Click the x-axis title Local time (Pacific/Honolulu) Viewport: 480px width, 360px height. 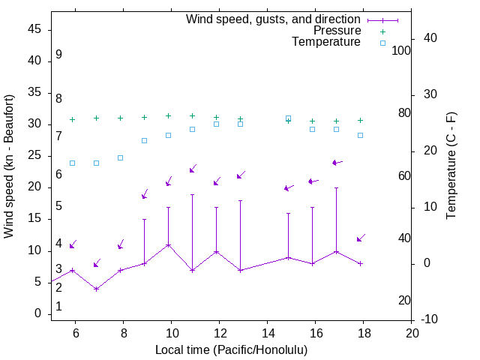(x=231, y=350)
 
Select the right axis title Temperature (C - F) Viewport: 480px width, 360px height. (x=451, y=166)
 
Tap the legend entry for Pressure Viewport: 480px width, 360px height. (x=337, y=31)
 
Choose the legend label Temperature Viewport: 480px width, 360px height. (x=326, y=42)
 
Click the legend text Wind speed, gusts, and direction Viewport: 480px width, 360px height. (x=274, y=19)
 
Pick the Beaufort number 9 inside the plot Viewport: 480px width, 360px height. (x=58, y=55)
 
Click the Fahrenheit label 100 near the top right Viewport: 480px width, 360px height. (x=401, y=50)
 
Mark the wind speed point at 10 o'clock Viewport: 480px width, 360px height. (x=168, y=245)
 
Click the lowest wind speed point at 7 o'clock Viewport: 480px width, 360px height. (x=96, y=289)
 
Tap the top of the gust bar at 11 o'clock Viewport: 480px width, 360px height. (x=192, y=195)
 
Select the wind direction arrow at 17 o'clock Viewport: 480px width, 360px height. (x=337, y=162)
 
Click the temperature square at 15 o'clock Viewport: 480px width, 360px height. (x=288, y=118)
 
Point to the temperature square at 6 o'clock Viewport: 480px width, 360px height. (x=72, y=163)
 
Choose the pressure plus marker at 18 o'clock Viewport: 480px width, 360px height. (x=360, y=120)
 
